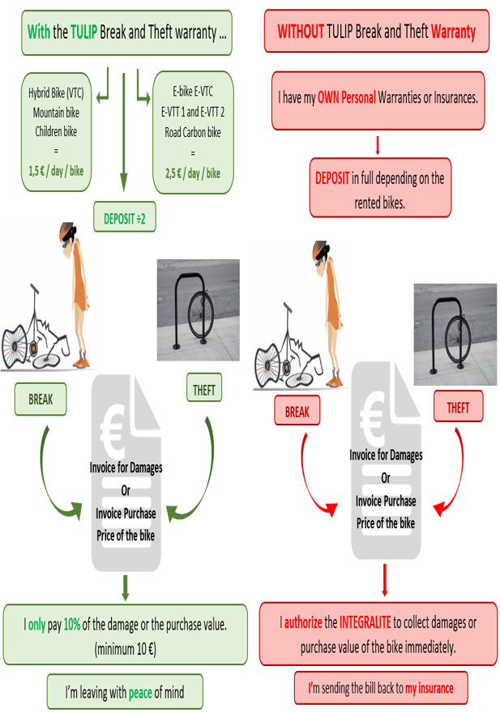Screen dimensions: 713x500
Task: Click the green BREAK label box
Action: coord(41,399)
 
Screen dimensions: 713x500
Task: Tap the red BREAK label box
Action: coord(297,412)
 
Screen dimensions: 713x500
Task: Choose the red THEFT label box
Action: coord(458,408)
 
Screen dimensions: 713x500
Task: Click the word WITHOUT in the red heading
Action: coord(300,32)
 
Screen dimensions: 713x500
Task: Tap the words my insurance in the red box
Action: coord(429,690)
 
